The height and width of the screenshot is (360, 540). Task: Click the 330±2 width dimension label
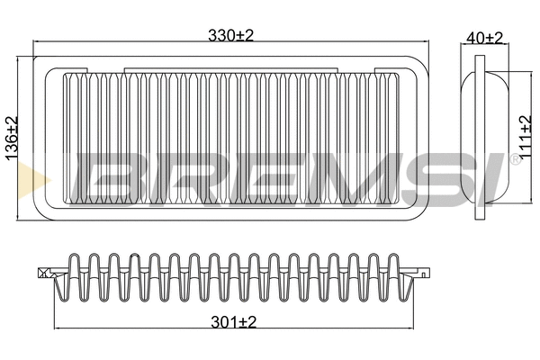click(x=231, y=35)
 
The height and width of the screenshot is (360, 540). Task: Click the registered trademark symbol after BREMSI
click(x=514, y=159)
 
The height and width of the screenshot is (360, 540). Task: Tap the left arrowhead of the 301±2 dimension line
click(x=58, y=325)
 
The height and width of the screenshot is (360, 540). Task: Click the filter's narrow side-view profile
click(x=485, y=135)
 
